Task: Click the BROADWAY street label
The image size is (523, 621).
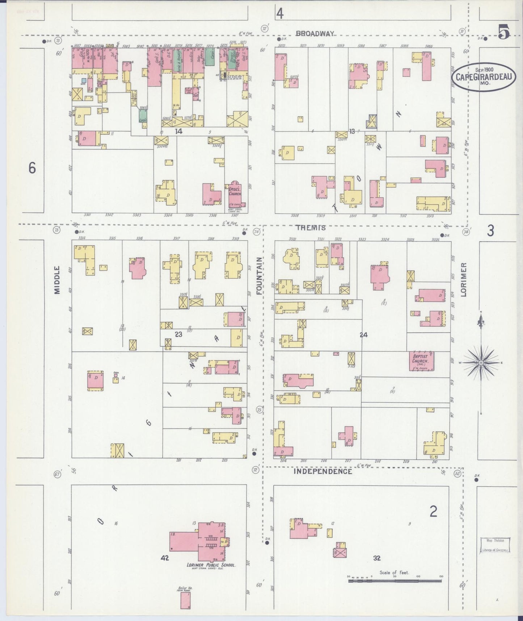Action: [315, 33]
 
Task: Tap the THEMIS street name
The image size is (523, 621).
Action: [311, 228]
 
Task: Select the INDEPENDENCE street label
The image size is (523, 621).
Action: [322, 471]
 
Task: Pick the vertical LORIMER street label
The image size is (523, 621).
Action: [464, 280]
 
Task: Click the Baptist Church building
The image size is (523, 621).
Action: [421, 361]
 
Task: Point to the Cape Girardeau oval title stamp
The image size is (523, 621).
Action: [483, 77]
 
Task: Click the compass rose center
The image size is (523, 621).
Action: [481, 363]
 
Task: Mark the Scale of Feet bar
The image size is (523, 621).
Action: [395, 581]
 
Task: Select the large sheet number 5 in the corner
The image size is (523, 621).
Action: [503, 32]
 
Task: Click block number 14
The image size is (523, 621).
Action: [178, 132]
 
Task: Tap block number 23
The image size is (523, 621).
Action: [178, 334]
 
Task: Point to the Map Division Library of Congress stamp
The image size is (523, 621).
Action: [495, 545]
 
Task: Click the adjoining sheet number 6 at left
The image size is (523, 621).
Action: [32, 168]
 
